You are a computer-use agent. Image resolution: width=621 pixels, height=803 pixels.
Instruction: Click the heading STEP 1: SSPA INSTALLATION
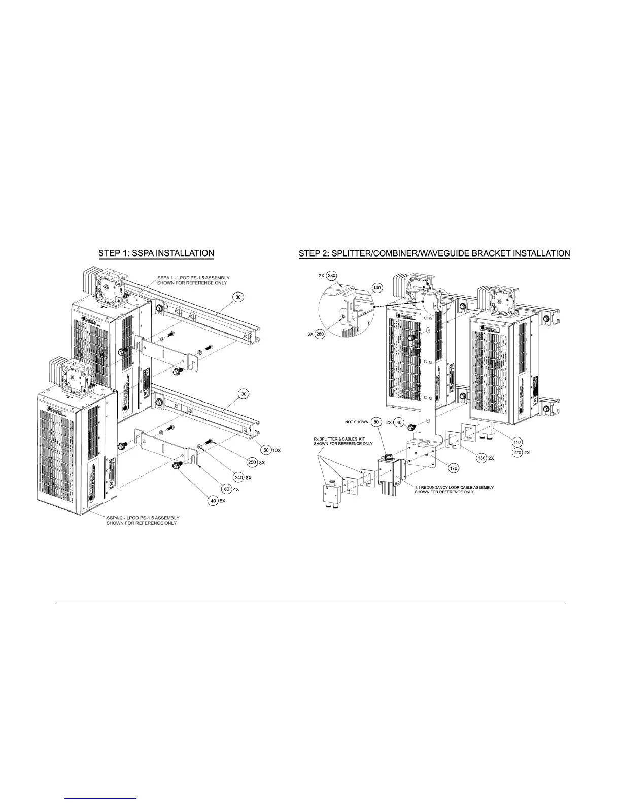[156, 253]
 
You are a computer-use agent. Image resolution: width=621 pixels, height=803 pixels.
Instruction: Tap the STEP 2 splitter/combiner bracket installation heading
[435, 253]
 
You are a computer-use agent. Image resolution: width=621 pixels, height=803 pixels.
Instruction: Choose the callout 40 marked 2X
[399, 422]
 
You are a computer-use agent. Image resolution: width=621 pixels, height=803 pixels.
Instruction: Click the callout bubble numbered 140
[377, 287]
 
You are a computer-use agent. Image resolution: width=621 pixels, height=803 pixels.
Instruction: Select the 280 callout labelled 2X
[332, 276]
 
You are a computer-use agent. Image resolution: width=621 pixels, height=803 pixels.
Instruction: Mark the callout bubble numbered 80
[376, 422]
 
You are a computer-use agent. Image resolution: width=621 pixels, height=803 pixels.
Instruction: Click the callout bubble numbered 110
[518, 442]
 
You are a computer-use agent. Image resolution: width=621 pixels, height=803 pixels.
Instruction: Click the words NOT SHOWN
[356, 422]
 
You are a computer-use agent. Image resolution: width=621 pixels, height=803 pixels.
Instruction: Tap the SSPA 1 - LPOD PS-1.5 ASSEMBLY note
[193, 280]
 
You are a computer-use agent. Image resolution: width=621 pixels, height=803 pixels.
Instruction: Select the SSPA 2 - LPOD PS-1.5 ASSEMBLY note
[143, 520]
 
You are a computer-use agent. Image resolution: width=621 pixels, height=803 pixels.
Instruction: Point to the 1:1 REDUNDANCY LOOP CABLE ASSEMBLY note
[454, 489]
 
